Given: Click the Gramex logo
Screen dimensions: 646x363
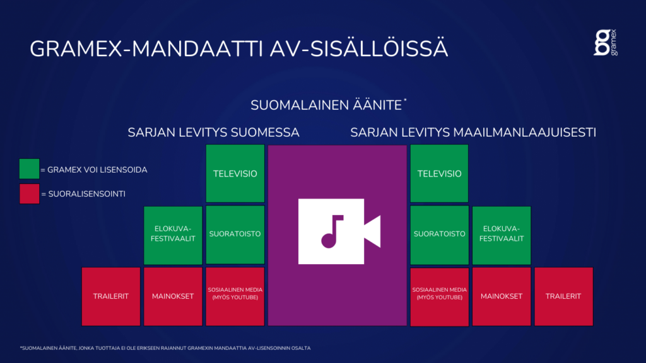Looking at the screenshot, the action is coord(606,42).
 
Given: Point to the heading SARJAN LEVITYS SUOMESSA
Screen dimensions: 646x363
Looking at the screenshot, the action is coord(213,132).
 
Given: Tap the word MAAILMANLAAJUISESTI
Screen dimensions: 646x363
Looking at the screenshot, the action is coord(524,132).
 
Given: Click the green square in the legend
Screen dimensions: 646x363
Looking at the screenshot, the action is coord(29,169).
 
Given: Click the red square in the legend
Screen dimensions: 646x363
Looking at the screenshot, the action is coord(29,193).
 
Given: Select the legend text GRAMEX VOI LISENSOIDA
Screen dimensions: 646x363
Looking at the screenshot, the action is coord(97,170).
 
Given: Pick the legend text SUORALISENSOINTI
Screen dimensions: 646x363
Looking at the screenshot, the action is coord(86,194).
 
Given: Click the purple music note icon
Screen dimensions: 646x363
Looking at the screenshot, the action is coord(332,231).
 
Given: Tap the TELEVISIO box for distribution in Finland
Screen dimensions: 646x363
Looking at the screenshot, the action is coord(235,173).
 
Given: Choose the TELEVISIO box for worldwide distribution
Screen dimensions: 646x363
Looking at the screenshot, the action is coord(439,173).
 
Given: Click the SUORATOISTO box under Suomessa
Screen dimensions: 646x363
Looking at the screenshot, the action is coord(235,234).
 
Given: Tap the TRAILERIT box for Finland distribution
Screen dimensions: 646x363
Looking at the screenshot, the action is coord(111,296).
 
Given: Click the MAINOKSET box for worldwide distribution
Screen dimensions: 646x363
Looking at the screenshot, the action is coord(502,296).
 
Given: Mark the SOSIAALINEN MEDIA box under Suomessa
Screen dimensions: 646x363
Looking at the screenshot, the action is coord(235,296).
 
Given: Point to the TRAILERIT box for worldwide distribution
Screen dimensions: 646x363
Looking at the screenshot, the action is coord(563,296).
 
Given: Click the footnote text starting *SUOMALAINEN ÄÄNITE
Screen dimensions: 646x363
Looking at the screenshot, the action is coord(165,348).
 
